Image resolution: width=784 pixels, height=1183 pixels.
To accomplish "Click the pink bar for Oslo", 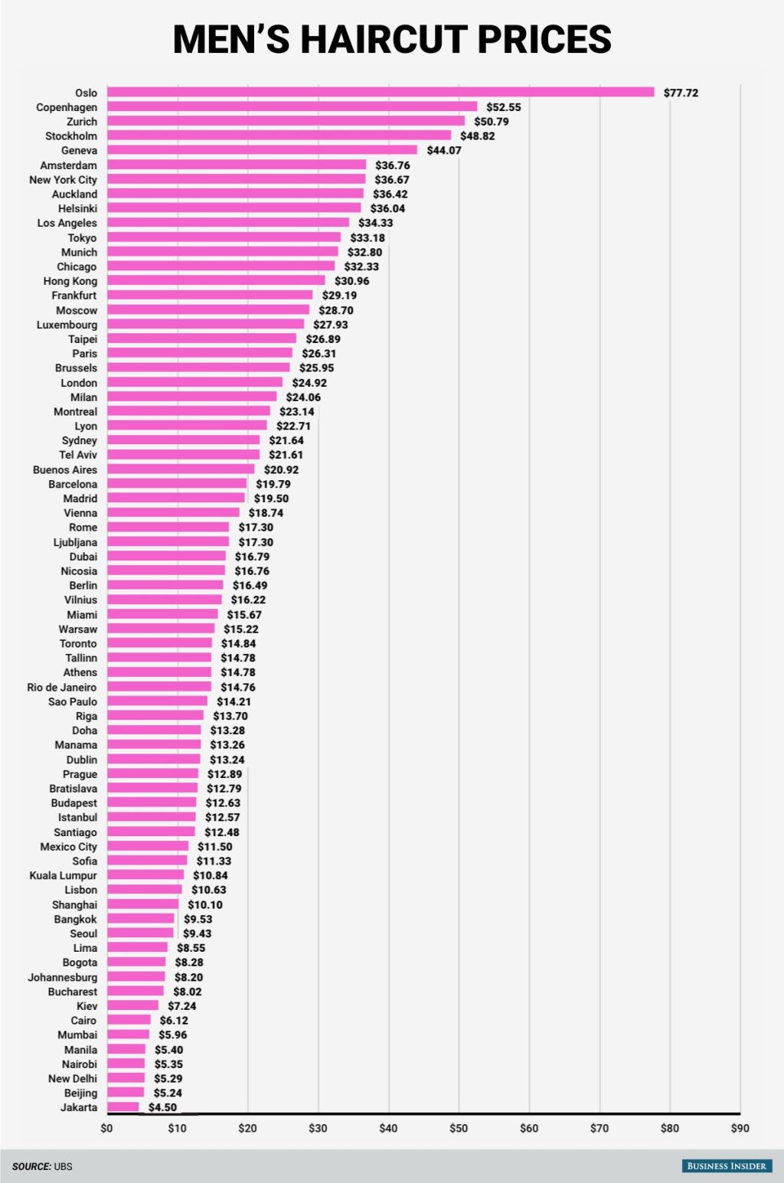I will pos(381,93).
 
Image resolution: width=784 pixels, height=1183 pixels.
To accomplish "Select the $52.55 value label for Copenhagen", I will pos(503,107).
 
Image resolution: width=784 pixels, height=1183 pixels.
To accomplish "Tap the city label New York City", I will pos(63,180).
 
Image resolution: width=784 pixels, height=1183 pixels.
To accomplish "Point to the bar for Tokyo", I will pos(224,238).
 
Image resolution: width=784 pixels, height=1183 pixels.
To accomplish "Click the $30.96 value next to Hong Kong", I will pos(351,281).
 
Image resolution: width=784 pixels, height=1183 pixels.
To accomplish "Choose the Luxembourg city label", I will pos(67,325).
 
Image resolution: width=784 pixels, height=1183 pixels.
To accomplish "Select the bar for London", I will pos(194,383).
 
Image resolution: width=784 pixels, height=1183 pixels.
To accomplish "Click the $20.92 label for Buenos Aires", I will pos(281,469).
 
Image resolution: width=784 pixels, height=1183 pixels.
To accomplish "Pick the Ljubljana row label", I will pos(75,542).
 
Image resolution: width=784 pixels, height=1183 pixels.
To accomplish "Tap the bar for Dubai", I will pos(166,557).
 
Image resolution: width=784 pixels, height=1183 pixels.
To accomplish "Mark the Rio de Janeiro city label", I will pos(62,687).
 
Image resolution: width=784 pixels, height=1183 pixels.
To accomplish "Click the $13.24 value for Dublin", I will pos(227,760).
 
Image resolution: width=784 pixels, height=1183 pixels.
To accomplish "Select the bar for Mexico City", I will pos(148,847).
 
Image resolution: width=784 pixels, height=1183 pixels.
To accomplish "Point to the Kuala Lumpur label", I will pos(63,875).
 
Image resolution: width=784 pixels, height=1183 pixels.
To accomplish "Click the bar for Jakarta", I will pos(123,1107).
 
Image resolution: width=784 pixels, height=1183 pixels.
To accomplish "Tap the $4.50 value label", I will pos(162,1107).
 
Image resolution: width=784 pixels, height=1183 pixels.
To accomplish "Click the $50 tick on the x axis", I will pos(459,1128).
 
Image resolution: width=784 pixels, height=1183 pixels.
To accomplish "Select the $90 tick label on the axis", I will pos(740,1128).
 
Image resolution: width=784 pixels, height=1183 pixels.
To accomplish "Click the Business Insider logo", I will pos(726,1166).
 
